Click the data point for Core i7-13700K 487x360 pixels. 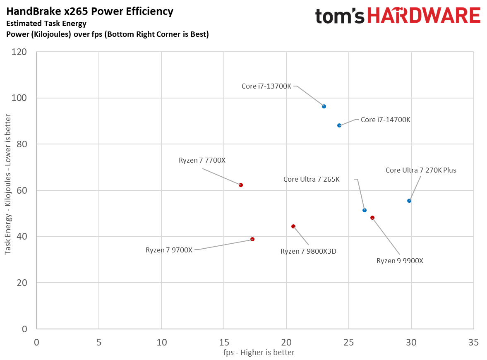324,106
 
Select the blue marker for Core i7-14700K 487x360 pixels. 339,125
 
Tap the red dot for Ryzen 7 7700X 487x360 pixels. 241,185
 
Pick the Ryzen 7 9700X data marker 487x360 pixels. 252,239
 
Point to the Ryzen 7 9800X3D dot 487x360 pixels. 293,226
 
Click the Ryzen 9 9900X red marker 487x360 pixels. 372,218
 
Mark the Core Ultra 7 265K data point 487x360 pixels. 365,210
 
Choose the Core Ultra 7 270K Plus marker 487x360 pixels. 409,201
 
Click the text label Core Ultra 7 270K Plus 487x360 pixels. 421,170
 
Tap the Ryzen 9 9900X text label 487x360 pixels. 400,261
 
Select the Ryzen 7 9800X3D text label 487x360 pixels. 308,251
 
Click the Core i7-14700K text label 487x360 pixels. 385,120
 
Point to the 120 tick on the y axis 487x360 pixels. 20,52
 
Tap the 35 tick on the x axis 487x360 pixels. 474,343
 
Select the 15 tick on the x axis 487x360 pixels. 224,343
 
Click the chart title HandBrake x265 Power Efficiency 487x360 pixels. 90,12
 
